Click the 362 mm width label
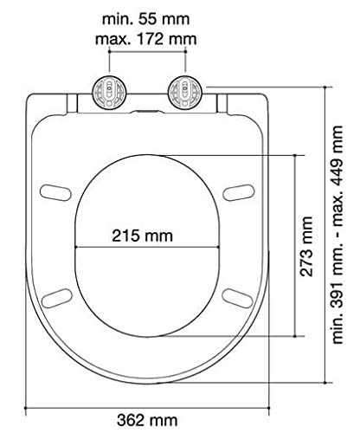tap(147, 420)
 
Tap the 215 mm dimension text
tap(142, 236)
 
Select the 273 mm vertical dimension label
tap(306, 246)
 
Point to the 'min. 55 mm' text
tap(146, 19)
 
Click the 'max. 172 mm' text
tap(146, 39)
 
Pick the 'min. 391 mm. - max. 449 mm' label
tap(337, 235)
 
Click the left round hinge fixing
tap(109, 93)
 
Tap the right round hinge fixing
tap(184, 93)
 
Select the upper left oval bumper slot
tap(55, 192)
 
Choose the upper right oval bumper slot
tap(239, 192)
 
